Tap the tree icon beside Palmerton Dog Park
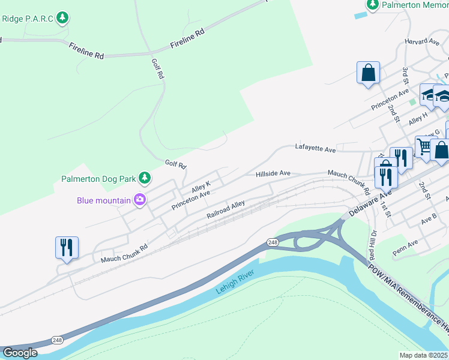144,178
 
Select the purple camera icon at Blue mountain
140,200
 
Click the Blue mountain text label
104,200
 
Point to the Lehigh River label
235,282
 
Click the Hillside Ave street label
273,173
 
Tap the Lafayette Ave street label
315,147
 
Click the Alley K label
201,187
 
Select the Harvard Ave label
422,42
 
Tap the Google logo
20,353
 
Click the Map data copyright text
424,355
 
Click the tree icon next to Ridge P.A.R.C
62,19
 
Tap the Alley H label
418,118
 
